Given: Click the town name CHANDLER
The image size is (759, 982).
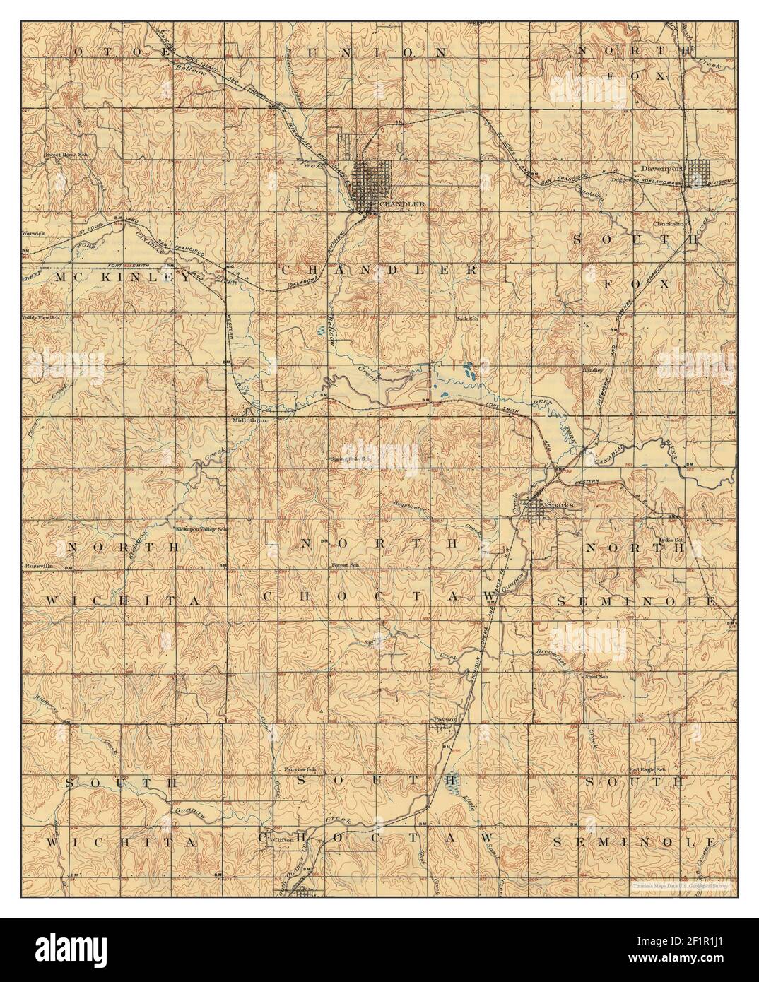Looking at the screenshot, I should tap(402, 204).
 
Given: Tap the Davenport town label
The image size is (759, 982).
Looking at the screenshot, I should tap(661, 170).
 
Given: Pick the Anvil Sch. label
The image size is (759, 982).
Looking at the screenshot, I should tap(596, 676).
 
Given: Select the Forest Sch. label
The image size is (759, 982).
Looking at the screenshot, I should tap(346, 566).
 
